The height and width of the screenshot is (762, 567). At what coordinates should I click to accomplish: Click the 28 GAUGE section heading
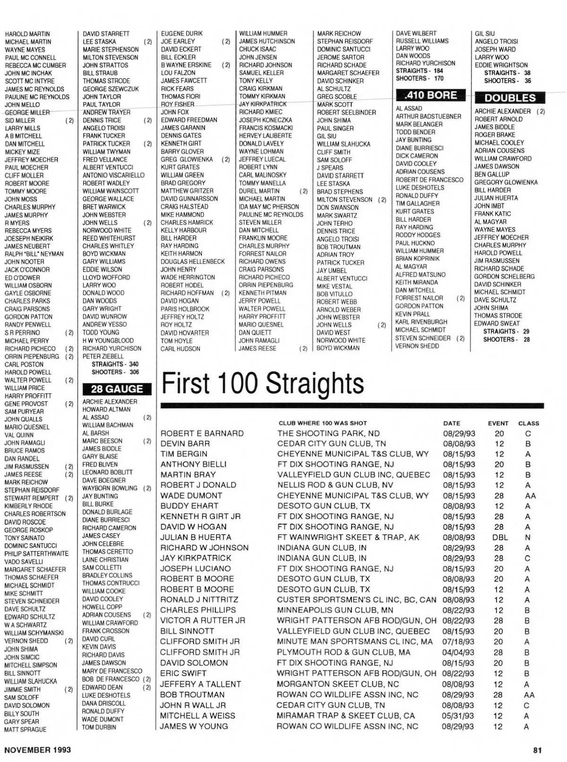point(117,389)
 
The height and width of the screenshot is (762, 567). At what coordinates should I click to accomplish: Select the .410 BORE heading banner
point(430,95)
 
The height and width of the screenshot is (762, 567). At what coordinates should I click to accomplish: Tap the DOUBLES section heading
point(510,98)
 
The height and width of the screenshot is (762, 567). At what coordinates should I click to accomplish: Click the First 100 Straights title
point(263,383)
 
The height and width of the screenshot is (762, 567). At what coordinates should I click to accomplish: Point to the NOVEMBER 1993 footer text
point(38,750)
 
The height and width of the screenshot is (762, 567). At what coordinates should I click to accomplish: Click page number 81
point(537,750)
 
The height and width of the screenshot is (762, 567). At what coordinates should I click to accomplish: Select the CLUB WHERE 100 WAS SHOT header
point(323,423)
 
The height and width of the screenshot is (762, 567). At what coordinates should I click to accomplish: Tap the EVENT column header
point(498,423)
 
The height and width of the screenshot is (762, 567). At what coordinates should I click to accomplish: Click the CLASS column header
point(528,423)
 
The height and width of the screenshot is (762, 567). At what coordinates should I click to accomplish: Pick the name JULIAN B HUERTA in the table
point(196,537)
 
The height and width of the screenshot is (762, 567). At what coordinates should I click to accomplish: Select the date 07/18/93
point(458,642)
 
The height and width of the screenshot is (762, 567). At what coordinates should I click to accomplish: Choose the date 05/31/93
point(458,716)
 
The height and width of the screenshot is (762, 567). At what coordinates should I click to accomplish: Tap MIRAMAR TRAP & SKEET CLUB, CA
point(346,716)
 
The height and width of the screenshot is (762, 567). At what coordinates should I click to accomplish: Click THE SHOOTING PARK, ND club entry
point(328,433)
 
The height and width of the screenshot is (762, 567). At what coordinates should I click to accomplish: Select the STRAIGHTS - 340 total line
point(115,364)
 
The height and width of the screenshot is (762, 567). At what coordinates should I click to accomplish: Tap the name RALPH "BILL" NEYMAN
point(34,254)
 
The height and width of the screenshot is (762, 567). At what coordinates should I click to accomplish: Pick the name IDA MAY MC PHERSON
point(269,207)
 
